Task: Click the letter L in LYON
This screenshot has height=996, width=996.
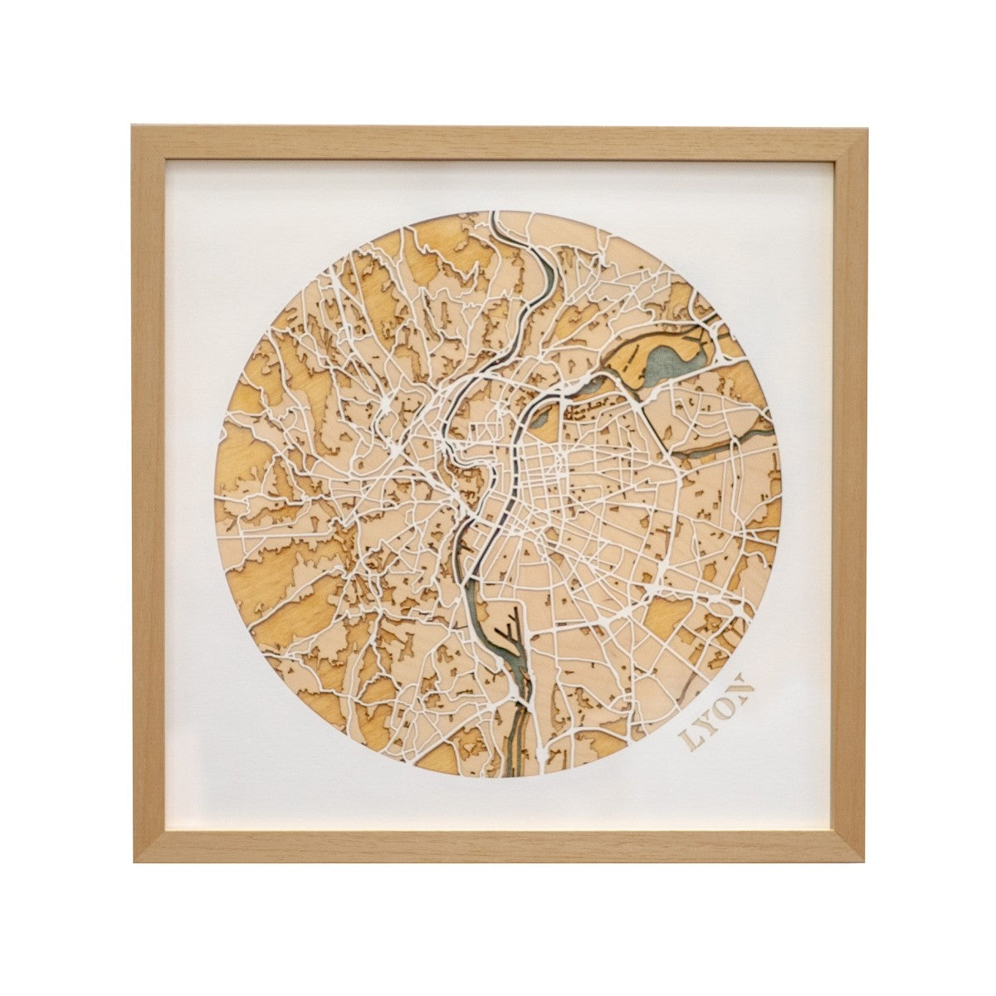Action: tap(688, 738)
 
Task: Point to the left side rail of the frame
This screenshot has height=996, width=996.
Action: tap(149, 498)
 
